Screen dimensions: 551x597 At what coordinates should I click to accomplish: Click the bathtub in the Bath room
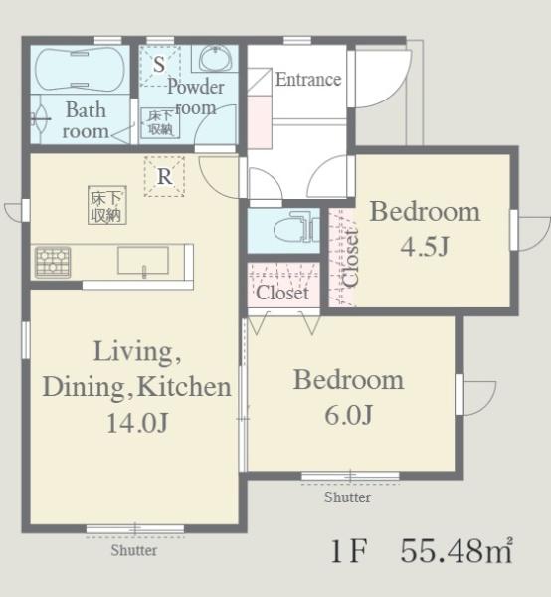click(80, 69)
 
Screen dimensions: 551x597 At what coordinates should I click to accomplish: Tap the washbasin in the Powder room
click(216, 59)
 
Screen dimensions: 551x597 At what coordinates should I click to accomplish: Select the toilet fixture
click(296, 230)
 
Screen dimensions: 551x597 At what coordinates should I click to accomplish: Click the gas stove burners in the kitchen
click(53, 262)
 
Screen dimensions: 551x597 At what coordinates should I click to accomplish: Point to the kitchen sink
click(143, 261)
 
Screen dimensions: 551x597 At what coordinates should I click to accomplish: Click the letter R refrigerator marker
click(164, 177)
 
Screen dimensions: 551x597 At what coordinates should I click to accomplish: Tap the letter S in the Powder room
click(159, 64)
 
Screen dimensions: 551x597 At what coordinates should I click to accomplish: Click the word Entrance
click(308, 80)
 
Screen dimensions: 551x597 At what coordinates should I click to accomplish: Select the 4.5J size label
click(425, 246)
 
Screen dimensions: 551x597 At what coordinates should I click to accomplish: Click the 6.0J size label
click(348, 415)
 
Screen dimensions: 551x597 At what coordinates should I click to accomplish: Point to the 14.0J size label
click(137, 423)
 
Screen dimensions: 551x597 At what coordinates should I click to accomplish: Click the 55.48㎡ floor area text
click(457, 550)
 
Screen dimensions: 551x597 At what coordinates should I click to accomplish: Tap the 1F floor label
click(349, 551)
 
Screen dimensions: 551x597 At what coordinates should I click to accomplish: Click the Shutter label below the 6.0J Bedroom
click(347, 497)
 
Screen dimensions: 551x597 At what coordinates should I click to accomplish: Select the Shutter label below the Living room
click(134, 550)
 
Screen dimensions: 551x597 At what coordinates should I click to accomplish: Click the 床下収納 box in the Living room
click(107, 205)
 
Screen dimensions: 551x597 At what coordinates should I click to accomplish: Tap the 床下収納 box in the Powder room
click(160, 122)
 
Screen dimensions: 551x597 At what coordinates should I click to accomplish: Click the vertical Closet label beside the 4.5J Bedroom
click(350, 257)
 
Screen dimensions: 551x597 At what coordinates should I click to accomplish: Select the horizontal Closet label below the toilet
click(282, 293)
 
